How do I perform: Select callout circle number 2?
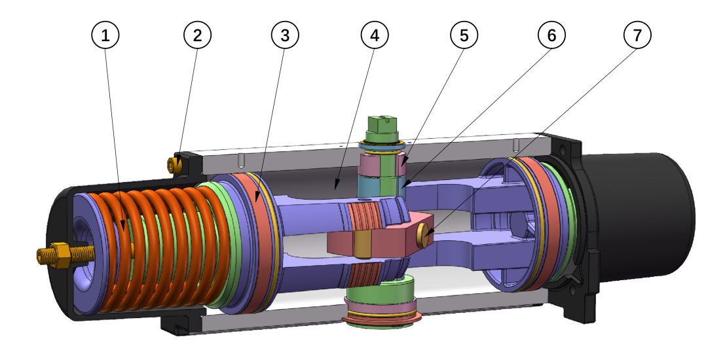[x=197, y=36]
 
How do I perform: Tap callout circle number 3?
[x=285, y=36]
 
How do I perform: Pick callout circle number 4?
[x=375, y=36]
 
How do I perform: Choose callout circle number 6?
[x=551, y=36]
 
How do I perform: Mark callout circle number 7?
[x=639, y=36]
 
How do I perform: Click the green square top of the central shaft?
[x=380, y=124]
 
